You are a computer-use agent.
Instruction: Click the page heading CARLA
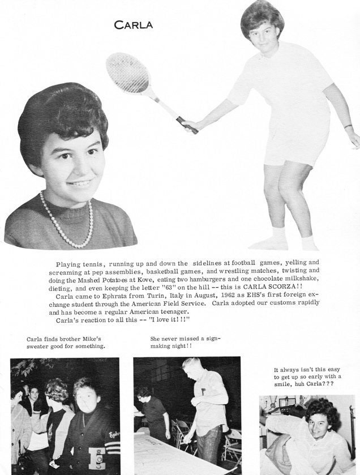(x=133, y=24)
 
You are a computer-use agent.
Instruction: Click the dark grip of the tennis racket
(x=187, y=125)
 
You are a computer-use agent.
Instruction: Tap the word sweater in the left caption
(x=39, y=346)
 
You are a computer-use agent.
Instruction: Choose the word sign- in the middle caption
(x=210, y=339)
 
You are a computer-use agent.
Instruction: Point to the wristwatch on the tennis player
(x=348, y=127)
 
